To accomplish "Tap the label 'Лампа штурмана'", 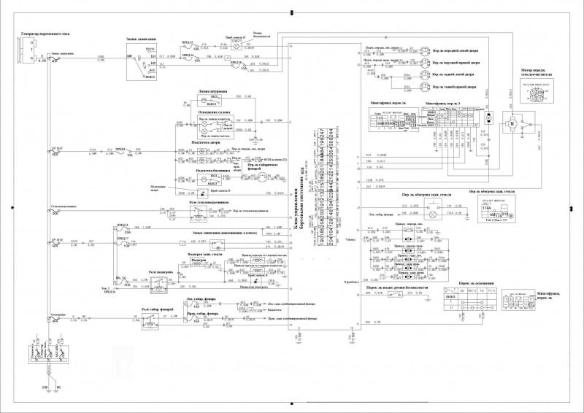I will pyautogui.click(x=212, y=92).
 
